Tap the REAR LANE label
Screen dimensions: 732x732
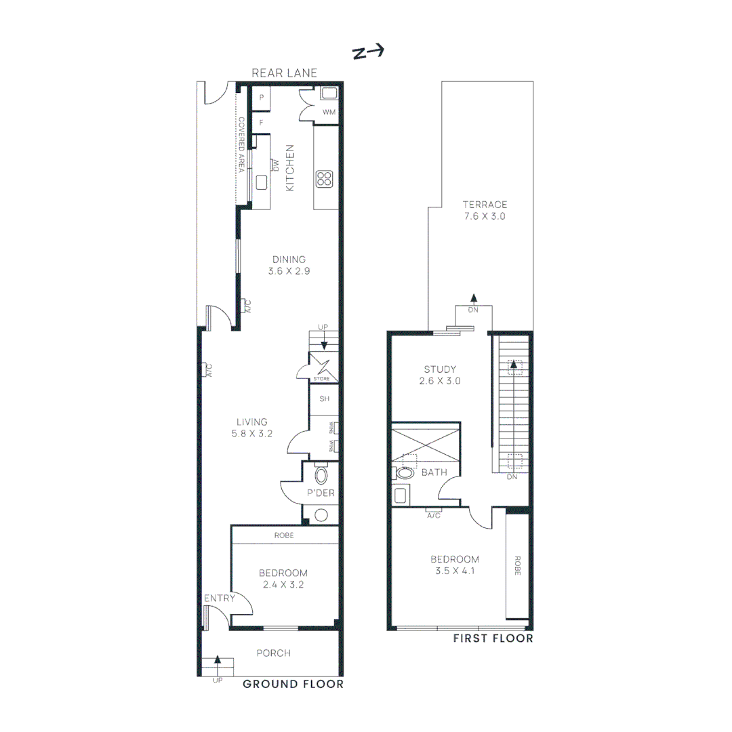[x=284, y=73]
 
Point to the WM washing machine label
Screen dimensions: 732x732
[x=329, y=112]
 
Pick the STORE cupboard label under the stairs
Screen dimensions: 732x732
[x=321, y=378]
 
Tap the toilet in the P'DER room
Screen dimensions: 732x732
[x=321, y=474]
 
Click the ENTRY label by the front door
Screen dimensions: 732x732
[x=220, y=598]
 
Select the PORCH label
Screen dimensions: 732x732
[x=273, y=653]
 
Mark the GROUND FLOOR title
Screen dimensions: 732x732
[x=293, y=684]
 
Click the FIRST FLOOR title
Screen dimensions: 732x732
[x=493, y=638]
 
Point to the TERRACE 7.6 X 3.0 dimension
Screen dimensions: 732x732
[x=485, y=211]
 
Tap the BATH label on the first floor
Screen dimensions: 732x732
[x=434, y=472]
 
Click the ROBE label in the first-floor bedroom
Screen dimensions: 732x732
[x=517, y=567]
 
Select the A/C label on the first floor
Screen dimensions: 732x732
[x=434, y=514]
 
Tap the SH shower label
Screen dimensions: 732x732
[x=325, y=399]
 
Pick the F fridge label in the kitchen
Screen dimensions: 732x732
[x=261, y=123]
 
